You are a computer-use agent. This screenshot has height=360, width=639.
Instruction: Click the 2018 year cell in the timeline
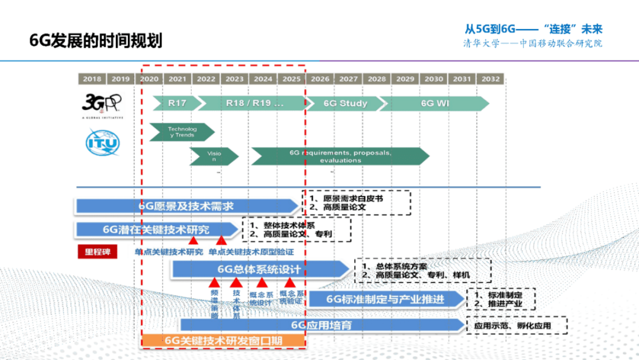[92, 79]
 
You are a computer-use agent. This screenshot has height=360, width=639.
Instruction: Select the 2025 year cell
[291, 79]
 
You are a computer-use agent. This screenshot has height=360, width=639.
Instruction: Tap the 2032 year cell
[490, 79]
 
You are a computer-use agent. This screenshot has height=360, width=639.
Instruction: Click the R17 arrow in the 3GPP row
[176, 103]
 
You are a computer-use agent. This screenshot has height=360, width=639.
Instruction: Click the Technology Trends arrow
[181, 132]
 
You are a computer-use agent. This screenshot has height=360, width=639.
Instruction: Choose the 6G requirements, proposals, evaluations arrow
[340, 156]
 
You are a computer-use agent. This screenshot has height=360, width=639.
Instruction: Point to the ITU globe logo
[103, 142]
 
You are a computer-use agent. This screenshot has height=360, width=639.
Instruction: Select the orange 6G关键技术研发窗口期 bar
[223, 340]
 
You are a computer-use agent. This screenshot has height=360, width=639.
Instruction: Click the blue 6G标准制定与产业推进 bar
[386, 299]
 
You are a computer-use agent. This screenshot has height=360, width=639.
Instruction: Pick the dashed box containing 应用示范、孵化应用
[516, 326]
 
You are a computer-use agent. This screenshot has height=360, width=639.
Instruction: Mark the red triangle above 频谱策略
[214, 283]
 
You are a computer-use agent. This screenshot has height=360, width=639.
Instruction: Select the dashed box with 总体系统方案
[423, 270]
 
